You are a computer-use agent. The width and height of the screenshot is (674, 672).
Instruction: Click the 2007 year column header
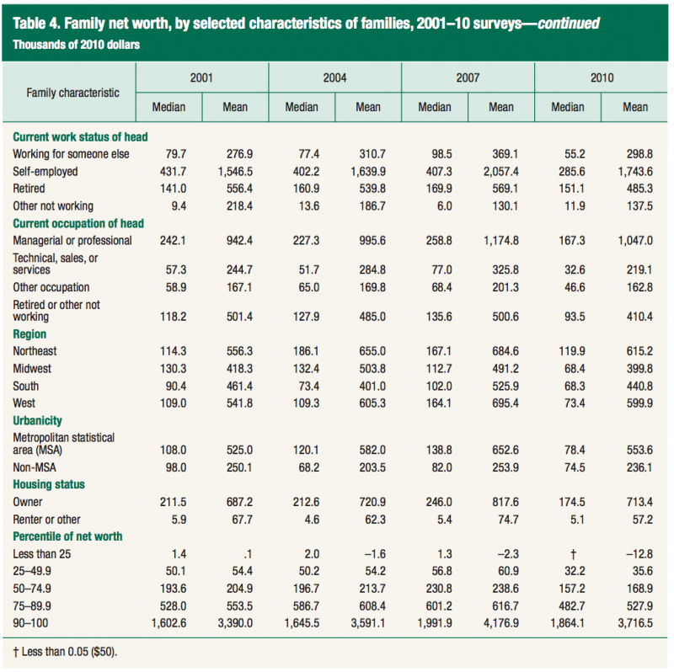(x=468, y=77)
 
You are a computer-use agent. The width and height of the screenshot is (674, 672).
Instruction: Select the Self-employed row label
(x=45, y=170)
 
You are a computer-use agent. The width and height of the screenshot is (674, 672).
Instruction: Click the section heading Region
(x=29, y=334)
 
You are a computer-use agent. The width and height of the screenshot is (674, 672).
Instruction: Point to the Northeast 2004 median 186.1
(x=302, y=350)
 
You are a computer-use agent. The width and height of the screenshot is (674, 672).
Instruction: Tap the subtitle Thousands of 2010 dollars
(x=77, y=44)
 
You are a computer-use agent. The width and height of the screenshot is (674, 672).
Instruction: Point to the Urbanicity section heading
(x=38, y=420)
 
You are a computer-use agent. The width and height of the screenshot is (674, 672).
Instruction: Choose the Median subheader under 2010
(x=567, y=107)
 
